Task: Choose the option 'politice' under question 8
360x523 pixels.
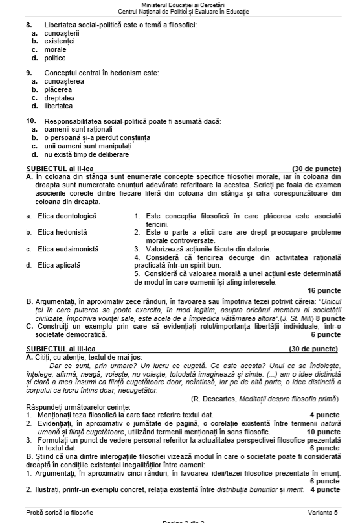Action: [x=55, y=58]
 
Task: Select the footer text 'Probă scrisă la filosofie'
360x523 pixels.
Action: [x=60, y=513]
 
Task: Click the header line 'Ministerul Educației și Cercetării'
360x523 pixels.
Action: [x=180, y=5]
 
